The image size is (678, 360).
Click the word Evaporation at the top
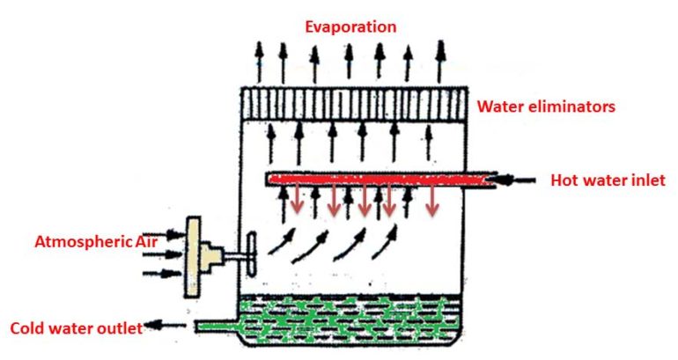point(350,26)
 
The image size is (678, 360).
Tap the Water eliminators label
point(545,107)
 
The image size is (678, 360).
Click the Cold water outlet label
point(76,328)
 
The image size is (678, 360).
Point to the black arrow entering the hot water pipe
point(519,180)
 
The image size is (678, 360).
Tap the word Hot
point(564,181)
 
